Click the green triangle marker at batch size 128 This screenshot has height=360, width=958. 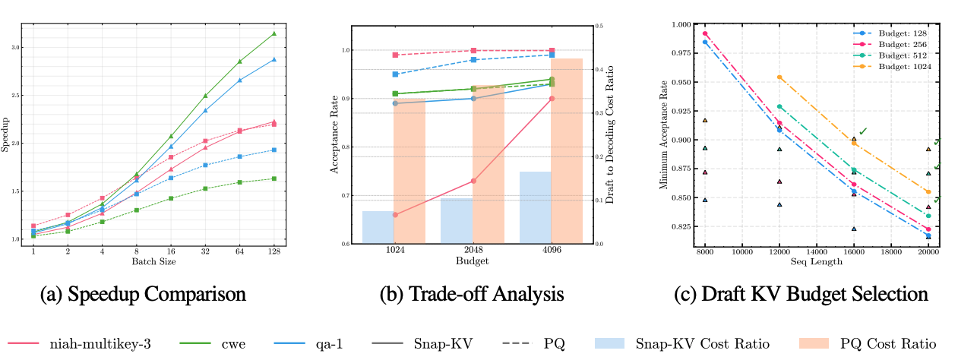click(x=273, y=33)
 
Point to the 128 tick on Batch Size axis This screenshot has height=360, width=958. click(x=273, y=251)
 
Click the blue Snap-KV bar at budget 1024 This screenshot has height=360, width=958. click(x=378, y=227)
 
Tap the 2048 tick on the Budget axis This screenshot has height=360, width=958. click(x=472, y=251)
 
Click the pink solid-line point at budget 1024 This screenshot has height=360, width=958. click(x=396, y=215)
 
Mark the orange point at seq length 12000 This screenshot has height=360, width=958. click(x=779, y=77)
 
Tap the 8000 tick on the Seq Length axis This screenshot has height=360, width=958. click(x=705, y=251)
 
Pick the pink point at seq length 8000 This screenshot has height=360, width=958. click(x=705, y=34)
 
